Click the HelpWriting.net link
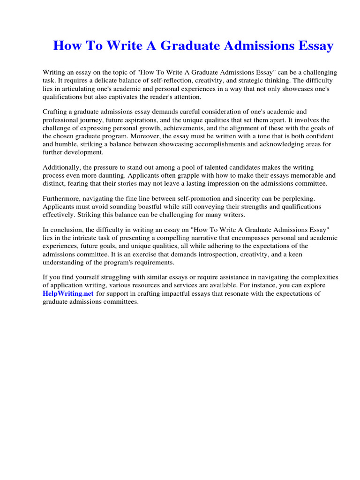tap(68, 293)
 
